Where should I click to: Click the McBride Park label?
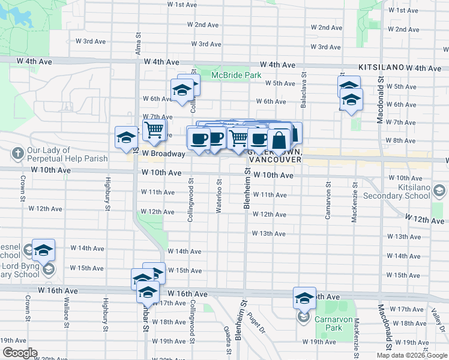pyautogui.click(x=237, y=75)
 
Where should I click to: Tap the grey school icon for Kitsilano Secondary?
pyautogui.click(x=439, y=191)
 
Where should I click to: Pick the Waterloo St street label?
pyautogui.click(x=219, y=195)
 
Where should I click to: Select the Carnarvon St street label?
pyautogui.click(x=328, y=202)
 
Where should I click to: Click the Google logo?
pyautogui.click(x=19, y=353)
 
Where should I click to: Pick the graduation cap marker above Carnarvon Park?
pyautogui.click(x=304, y=298)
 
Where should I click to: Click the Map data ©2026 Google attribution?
pyautogui.click(x=411, y=355)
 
